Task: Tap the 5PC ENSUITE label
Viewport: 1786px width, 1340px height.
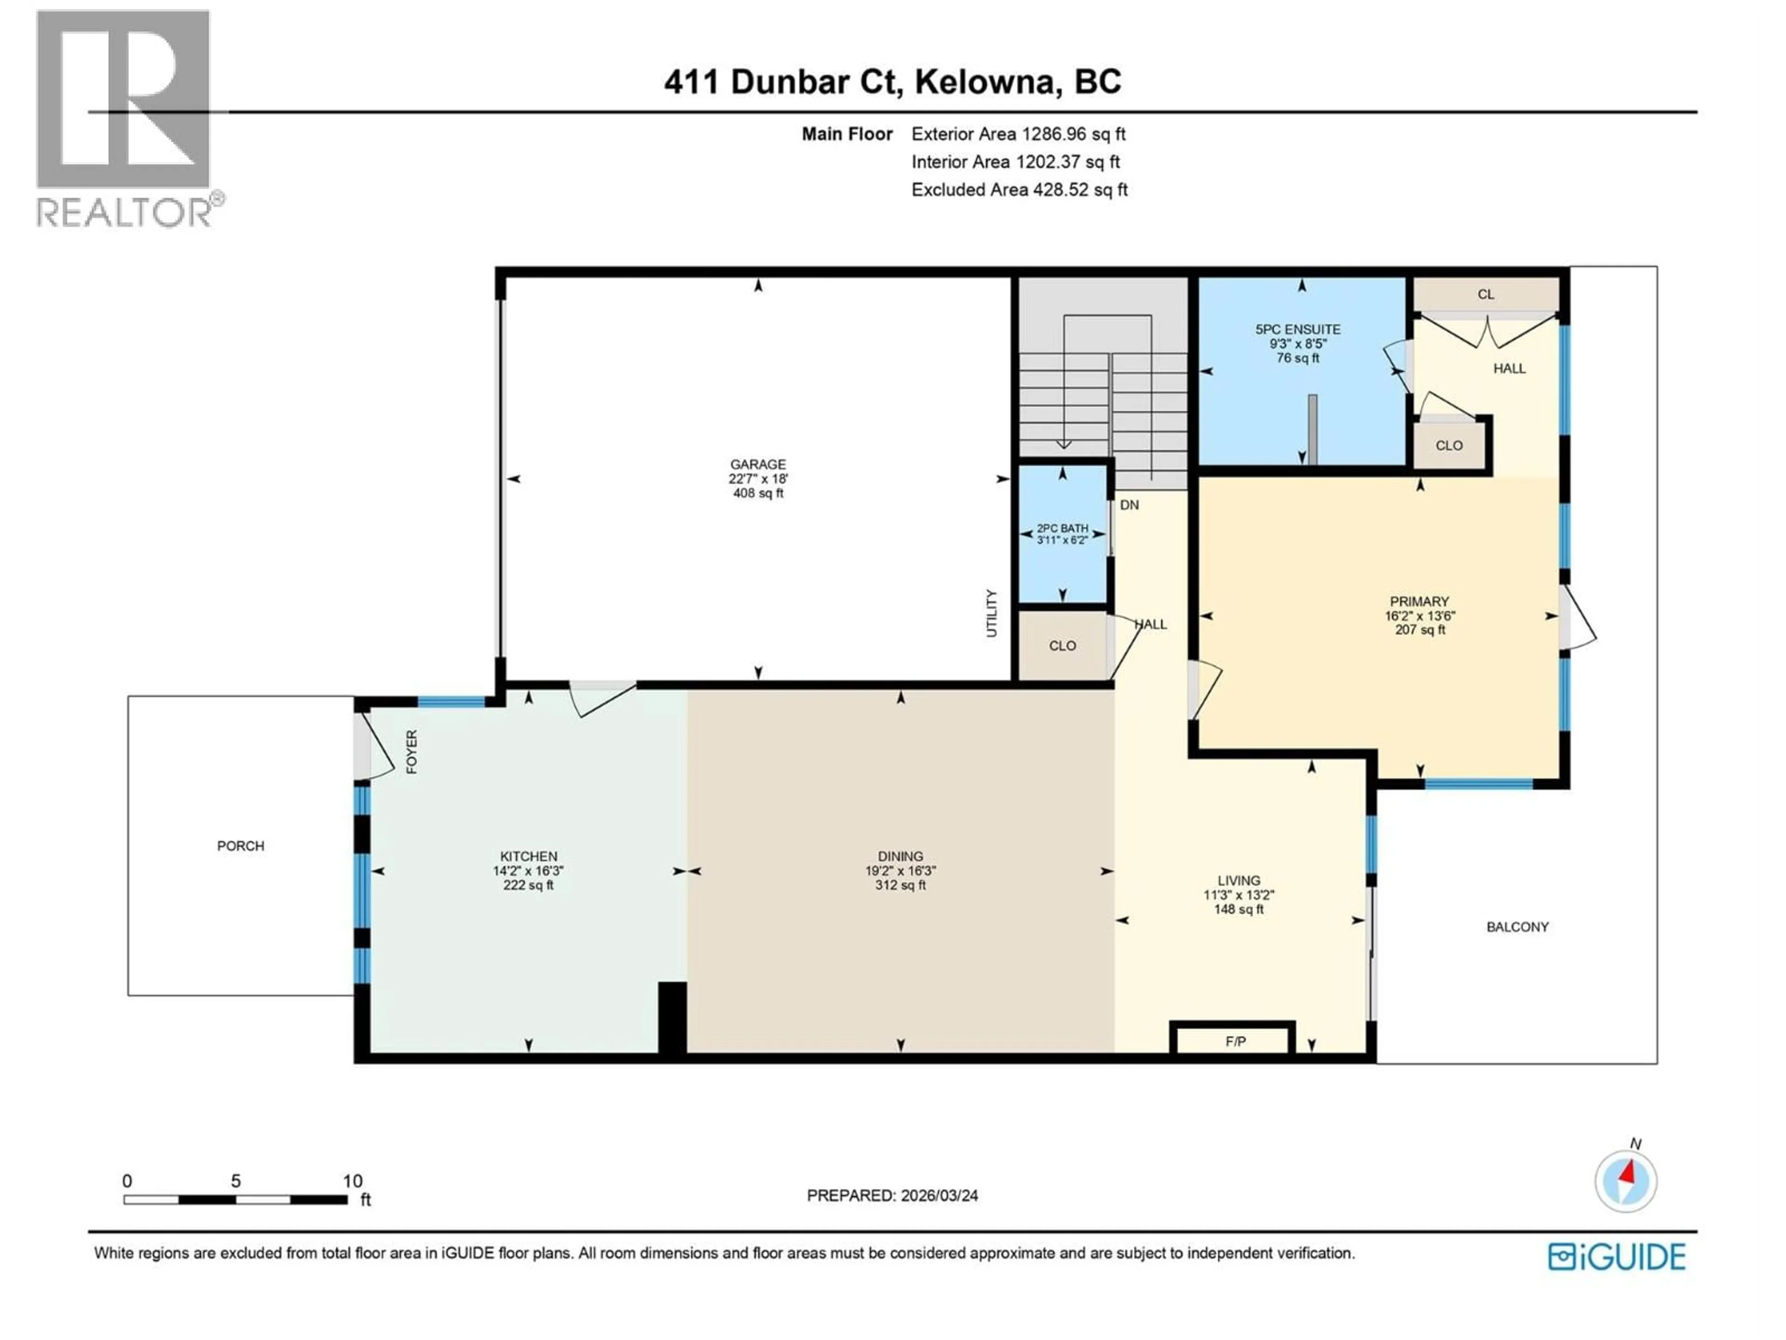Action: click(x=1298, y=329)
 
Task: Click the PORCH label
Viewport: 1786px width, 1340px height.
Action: click(x=240, y=846)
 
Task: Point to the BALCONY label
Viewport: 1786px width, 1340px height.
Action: click(x=1517, y=926)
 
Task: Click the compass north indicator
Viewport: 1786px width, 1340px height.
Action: click(x=1626, y=1181)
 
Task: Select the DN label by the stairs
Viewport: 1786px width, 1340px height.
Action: click(x=1129, y=505)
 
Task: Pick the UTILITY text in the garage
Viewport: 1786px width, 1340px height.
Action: click(x=992, y=613)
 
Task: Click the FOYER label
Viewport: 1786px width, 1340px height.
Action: click(x=412, y=752)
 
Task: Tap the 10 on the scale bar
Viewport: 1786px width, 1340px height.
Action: click(x=352, y=1181)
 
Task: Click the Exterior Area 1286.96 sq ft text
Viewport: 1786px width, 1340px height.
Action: click(x=1018, y=134)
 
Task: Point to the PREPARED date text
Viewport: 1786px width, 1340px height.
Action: click(x=892, y=1195)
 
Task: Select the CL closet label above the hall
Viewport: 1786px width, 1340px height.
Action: click(x=1486, y=294)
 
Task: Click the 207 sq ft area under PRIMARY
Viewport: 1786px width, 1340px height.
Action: click(x=1419, y=629)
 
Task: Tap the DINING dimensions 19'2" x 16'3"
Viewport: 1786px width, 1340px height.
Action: click(x=900, y=871)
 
